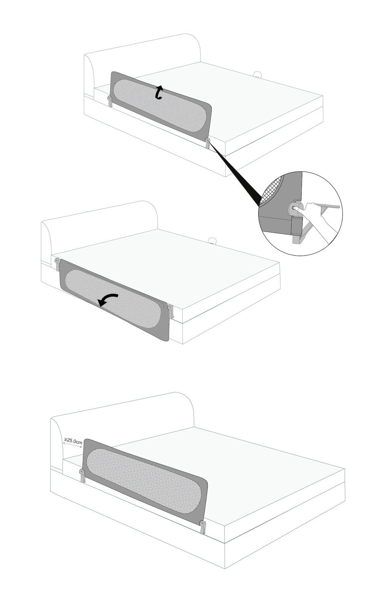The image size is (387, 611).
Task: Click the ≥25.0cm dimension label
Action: click(x=73, y=441)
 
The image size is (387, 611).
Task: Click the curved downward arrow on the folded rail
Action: click(x=108, y=300)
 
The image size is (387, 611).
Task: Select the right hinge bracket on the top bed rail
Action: click(x=208, y=144)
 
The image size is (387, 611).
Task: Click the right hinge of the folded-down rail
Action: click(x=170, y=311)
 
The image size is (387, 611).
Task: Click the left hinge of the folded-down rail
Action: click(x=57, y=264)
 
